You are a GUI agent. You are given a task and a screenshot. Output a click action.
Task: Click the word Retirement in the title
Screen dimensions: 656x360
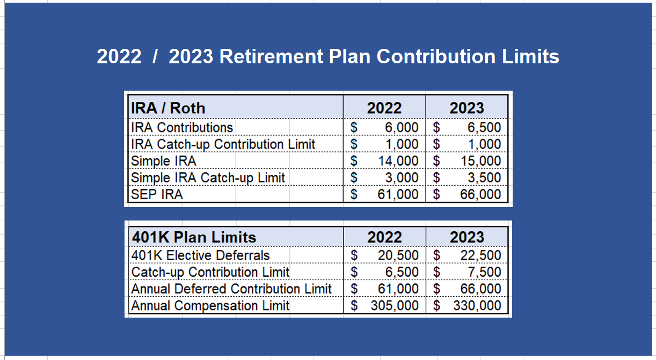point(271,56)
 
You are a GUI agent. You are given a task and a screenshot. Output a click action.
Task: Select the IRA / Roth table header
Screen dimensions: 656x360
point(168,108)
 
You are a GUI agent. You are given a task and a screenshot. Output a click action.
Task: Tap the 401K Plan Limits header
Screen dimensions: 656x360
point(194,237)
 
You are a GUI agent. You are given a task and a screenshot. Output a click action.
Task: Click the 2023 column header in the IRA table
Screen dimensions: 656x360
point(467,108)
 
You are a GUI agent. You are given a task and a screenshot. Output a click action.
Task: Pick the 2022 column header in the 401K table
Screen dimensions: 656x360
point(384,237)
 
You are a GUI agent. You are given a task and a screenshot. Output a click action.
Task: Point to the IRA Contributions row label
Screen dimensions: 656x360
point(182,127)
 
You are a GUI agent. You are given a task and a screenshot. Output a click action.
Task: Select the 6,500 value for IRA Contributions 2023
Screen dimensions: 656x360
point(484,127)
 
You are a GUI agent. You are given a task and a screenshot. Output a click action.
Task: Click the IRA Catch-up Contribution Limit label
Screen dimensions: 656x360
point(223,144)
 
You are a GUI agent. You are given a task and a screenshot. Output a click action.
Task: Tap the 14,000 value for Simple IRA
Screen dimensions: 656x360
point(398,161)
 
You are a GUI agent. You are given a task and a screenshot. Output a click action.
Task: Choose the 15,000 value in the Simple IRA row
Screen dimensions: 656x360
point(481,161)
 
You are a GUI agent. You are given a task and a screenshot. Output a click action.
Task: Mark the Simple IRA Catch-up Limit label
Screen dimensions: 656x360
point(208,178)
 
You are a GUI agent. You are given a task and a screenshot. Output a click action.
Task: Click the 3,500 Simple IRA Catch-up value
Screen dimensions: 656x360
point(484,178)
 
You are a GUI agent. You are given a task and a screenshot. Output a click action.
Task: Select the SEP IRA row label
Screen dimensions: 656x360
point(157,194)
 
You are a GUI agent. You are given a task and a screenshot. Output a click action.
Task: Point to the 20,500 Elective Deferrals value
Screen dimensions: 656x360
point(398,255)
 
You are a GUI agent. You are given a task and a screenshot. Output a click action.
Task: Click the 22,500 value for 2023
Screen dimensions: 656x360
point(480,255)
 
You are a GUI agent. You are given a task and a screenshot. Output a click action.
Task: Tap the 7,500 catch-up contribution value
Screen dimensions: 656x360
point(484,272)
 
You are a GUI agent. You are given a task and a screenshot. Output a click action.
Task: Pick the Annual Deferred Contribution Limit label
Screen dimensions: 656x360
point(231,289)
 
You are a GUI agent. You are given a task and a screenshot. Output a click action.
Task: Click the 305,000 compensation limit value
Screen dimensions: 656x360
point(395,306)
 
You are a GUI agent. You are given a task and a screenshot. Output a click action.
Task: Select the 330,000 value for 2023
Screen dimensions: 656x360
point(477,306)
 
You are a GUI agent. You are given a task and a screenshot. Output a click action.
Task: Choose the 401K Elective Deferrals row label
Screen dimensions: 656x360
point(200,255)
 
